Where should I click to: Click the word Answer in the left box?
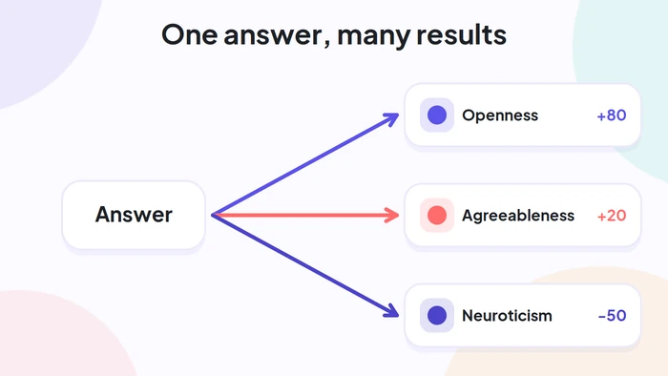pyautogui.click(x=134, y=214)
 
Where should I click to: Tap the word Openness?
pyautogui.click(x=500, y=115)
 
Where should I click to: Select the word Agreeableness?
pyautogui.click(x=518, y=216)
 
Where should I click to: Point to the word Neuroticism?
pyautogui.click(x=507, y=316)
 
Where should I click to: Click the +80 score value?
pyautogui.click(x=612, y=115)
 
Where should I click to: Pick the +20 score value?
pyautogui.click(x=612, y=216)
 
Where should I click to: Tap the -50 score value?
pyautogui.click(x=612, y=316)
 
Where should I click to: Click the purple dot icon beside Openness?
pyautogui.click(x=437, y=115)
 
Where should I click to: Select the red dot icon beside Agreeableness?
pyautogui.click(x=437, y=215)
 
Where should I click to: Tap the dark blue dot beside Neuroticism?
pyautogui.click(x=437, y=315)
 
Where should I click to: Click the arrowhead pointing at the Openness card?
pyautogui.click(x=392, y=118)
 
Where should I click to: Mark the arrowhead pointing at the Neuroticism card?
pyautogui.click(x=392, y=312)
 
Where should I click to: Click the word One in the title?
pyautogui.click(x=190, y=34)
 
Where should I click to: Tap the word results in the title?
pyautogui.click(x=461, y=34)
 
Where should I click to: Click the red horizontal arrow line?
pyautogui.click(x=305, y=215)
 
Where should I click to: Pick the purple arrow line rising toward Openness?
pyautogui.click(x=305, y=164)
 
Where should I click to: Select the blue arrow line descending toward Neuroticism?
pyautogui.click(x=305, y=266)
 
